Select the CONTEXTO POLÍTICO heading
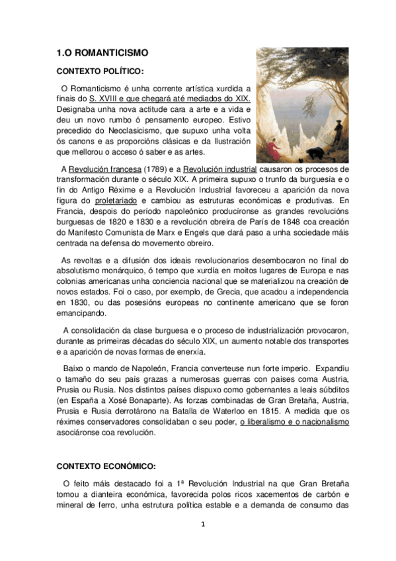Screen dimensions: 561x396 tap(100, 71)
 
